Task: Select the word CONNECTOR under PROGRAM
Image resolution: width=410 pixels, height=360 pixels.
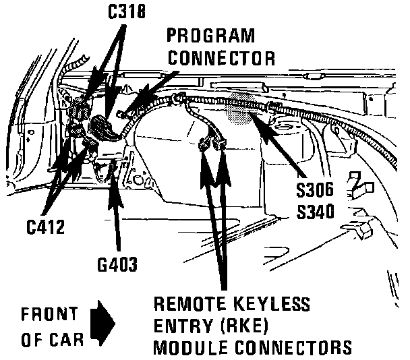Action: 222,58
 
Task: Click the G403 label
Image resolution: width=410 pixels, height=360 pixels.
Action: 116,264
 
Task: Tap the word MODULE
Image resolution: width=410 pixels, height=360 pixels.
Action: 190,348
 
